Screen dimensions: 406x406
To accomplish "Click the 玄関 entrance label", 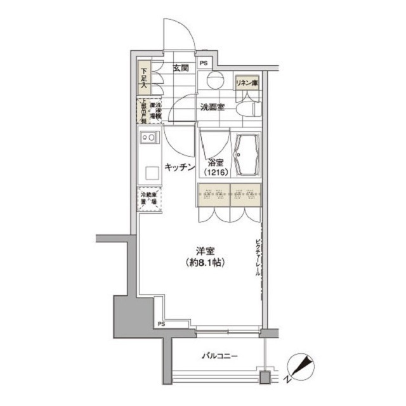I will pos(181,68).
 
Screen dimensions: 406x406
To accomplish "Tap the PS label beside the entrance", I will pos(204,63).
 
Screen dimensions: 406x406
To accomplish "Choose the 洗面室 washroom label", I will pos(212,107).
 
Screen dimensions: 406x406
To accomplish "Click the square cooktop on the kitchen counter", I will pos(152,172).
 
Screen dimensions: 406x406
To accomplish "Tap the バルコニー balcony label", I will pos(221,356).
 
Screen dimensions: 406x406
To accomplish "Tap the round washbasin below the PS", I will pos(214,80).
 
